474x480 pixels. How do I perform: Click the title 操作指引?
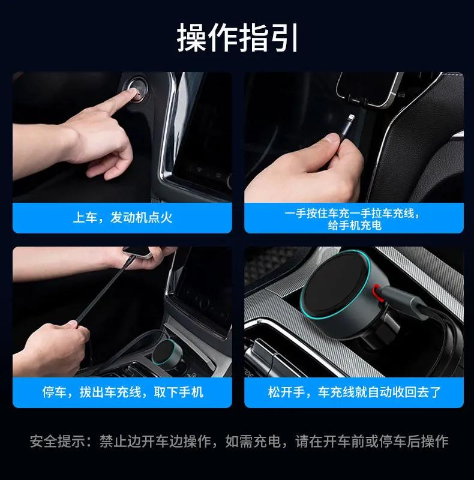[237, 38]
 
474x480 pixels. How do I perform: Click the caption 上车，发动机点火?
[122, 217]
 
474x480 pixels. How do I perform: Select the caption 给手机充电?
[354, 226]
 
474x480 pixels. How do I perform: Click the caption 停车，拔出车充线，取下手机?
[122, 392]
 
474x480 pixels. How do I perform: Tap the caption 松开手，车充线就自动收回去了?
[354, 392]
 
